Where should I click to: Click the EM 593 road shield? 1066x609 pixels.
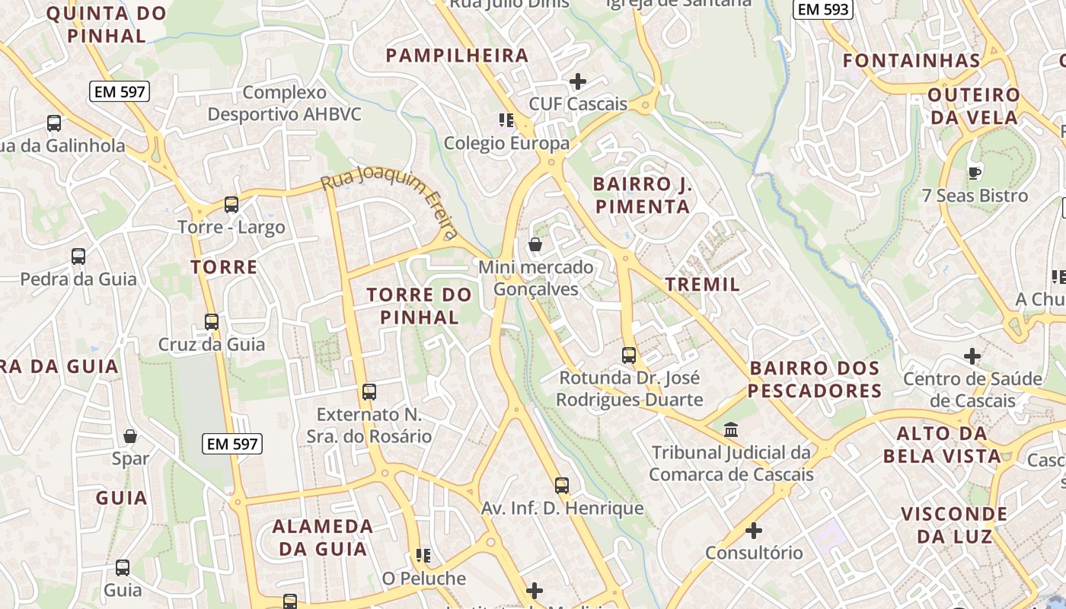[x=822, y=10]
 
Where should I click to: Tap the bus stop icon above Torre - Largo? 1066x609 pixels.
[x=231, y=204]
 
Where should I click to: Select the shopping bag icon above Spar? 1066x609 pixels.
[x=130, y=436]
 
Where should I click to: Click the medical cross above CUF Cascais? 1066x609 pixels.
[x=578, y=81]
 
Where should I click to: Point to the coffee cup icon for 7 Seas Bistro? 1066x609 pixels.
[x=974, y=173]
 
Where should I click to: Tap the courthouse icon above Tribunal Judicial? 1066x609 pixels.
[x=731, y=429]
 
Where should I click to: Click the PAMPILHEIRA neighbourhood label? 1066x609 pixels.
[x=457, y=56]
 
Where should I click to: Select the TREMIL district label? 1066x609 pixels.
[x=703, y=285]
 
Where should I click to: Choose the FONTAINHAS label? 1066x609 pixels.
[x=911, y=61]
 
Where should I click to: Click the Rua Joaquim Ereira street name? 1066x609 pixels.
[x=390, y=202]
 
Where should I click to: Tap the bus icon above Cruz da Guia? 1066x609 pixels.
[x=212, y=321]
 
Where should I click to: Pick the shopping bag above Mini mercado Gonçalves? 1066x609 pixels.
[x=535, y=244]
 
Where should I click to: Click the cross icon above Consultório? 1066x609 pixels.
[x=754, y=530]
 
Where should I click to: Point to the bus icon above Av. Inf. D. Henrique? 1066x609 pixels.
[x=562, y=485]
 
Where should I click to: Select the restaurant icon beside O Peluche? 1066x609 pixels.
[x=423, y=556]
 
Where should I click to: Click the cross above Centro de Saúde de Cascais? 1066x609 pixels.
[x=972, y=356]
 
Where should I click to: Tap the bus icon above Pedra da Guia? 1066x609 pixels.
[x=78, y=256]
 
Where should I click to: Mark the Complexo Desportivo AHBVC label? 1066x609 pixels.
[x=285, y=104]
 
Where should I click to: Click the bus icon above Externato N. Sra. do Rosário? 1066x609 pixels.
[x=369, y=392]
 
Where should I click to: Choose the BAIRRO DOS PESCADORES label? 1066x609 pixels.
[x=815, y=380]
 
